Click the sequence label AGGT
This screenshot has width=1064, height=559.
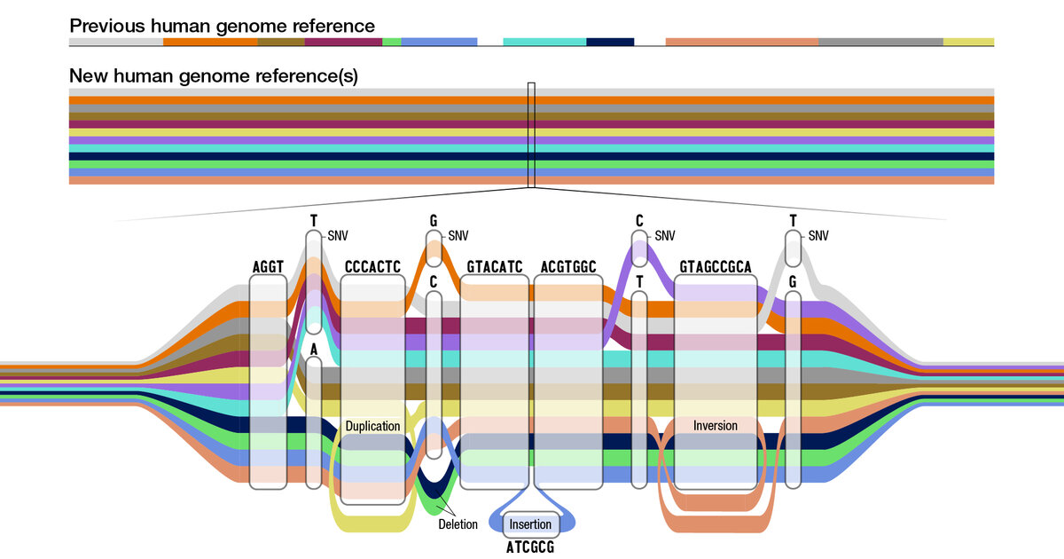tap(268, 266)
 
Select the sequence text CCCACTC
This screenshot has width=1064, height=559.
tap(372, 266)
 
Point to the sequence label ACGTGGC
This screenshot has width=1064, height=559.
tap(568, 266)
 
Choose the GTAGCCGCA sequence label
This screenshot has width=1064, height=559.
tap(716, 266)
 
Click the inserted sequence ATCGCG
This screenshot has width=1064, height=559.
tap(530, 548)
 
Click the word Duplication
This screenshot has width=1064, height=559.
tap(372, 426)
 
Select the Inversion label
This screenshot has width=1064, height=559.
tap(716, 426)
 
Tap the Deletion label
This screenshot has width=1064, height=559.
tap(458, 524)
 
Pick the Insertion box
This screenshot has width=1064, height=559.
tap(530, 524)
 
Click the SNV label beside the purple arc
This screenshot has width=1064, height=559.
tap(665, 236)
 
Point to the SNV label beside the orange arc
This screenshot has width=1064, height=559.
tap(458, 236)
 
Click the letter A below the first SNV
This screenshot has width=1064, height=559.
tap(313, 350)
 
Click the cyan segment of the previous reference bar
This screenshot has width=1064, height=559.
tap(544, 42)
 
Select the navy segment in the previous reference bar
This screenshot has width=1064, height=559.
tap(610, 42)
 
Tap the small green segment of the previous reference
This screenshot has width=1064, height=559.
tap(392, 42)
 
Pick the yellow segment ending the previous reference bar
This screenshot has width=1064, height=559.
tap(968, 42)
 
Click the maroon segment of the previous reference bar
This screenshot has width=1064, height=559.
tap(343, 42)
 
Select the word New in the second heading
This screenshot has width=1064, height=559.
tap(88, 76)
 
